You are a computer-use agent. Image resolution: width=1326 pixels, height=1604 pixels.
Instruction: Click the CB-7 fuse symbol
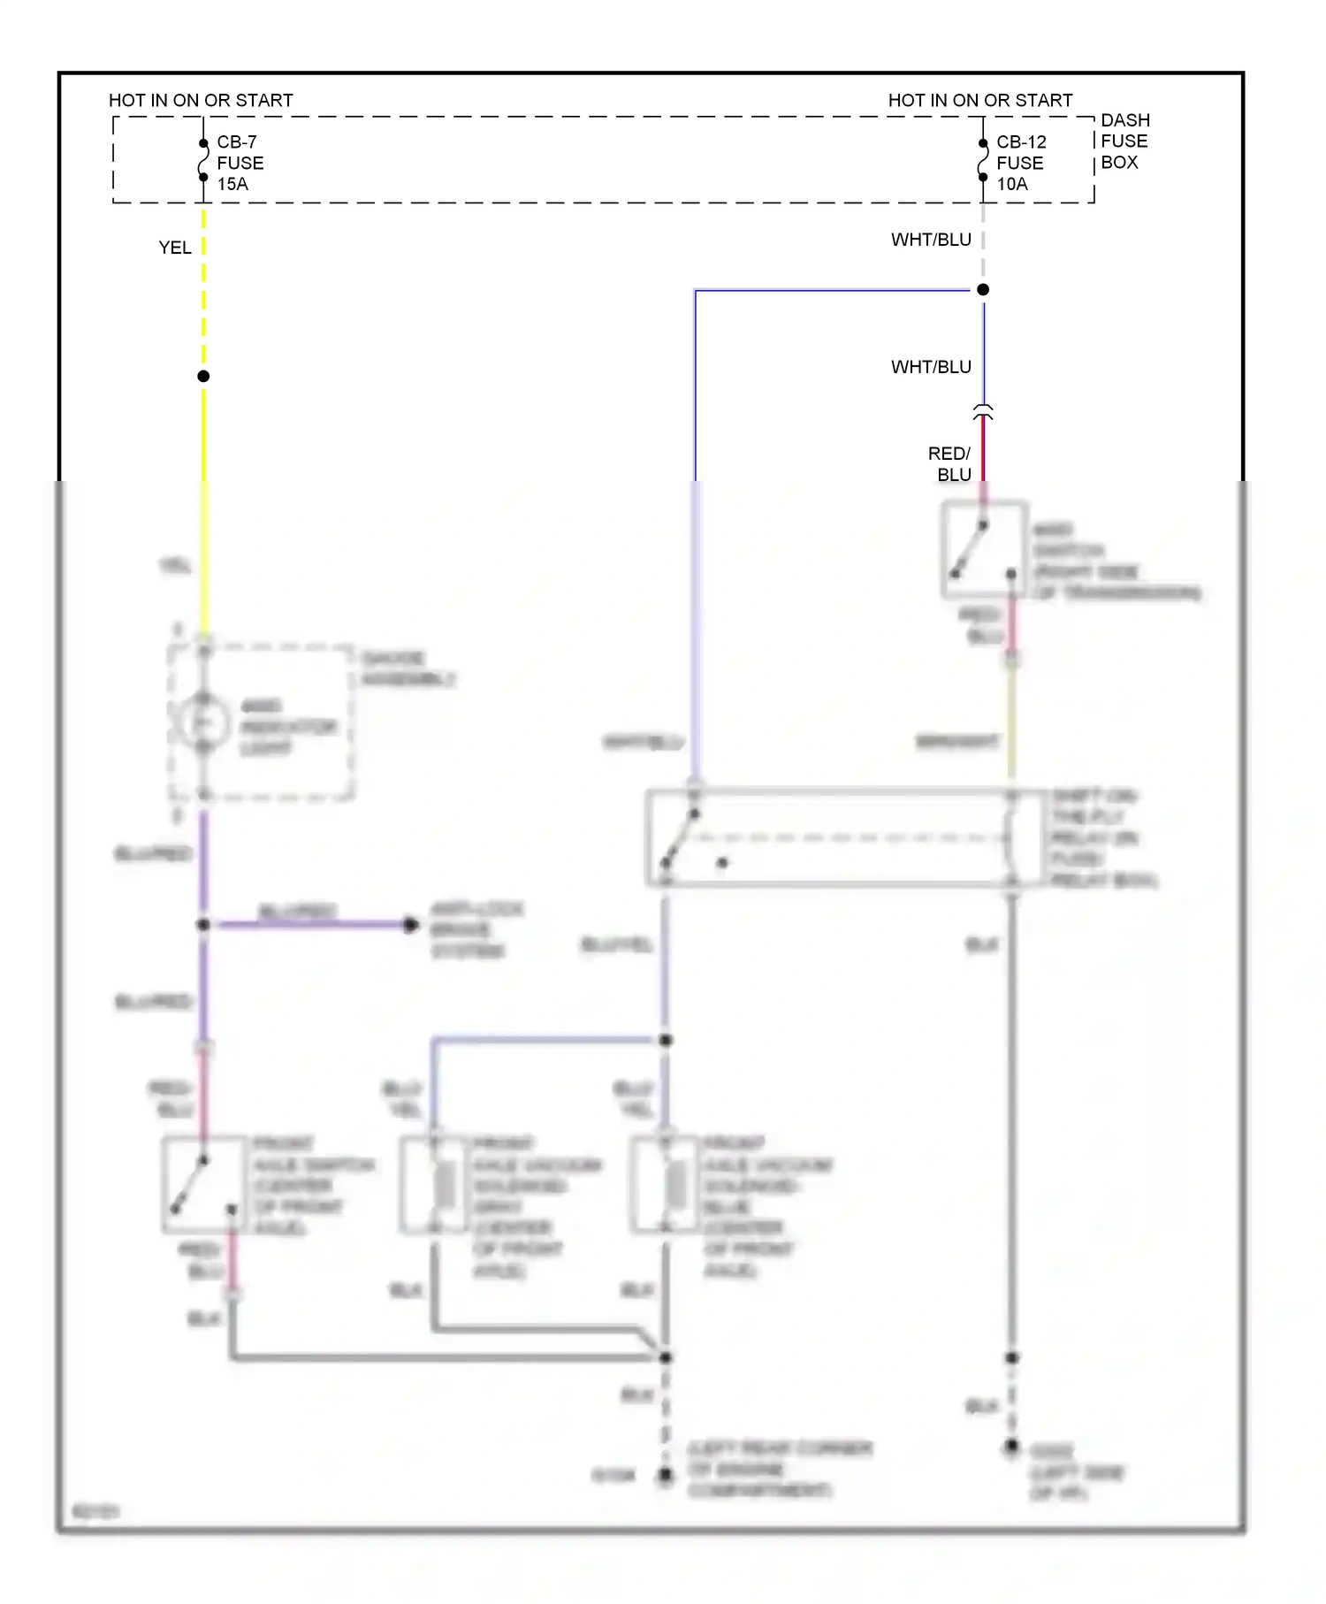(x=203, y=160)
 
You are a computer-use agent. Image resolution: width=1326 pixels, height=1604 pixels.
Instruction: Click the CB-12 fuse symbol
(x=983, y=160)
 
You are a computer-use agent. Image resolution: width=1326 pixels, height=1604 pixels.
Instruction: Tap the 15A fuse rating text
(x=232, y=184)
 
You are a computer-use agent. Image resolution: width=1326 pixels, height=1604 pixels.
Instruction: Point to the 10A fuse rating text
(x=1012, y=184)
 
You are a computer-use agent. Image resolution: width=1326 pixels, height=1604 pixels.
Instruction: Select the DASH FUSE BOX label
(x=1124, y=141)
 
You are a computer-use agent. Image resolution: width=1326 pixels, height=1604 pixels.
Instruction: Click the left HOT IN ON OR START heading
(x=201, y=101)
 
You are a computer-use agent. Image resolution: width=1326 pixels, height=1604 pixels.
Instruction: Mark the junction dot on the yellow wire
(x=203, y=377)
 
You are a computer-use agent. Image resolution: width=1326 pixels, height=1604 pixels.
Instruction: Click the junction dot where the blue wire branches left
(x=983, y=290)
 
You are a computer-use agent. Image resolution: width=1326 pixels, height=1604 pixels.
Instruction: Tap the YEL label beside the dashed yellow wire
(x=175, y=248)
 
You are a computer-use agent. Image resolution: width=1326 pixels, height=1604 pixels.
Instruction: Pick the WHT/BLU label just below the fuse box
(x=931, y=240)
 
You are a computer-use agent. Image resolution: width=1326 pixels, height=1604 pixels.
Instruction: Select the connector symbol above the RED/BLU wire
(x=983, y=412)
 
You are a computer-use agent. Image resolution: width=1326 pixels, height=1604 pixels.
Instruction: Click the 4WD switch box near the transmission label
(x=984, y=548)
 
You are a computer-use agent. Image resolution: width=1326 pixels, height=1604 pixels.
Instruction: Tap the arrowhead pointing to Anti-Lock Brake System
(x=411, y=925)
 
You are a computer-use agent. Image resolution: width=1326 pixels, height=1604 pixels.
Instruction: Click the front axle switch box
(x=204, y=1185)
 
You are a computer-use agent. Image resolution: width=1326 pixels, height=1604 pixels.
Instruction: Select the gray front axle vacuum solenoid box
(x=434, y=1185)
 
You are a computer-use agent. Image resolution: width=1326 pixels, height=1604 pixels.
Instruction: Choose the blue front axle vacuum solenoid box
(x=666, y=1185)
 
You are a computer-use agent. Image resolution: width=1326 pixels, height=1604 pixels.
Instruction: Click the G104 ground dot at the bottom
(x=666, y=1475)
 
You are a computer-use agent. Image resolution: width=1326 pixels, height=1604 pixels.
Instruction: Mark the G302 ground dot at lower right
(x=1012, y=1447)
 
